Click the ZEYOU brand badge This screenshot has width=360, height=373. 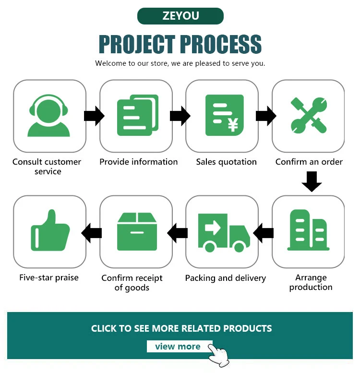coord(180,16)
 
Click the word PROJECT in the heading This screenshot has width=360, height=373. coord(137,44)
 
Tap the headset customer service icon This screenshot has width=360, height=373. coord(49,116)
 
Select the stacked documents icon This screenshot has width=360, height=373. coord(138,115)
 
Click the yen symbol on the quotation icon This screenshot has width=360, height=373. coord(233,125)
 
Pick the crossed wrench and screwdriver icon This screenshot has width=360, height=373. coord(309,115)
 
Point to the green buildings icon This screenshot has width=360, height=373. coord(309,230)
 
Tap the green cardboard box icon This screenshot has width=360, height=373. coord(137,231)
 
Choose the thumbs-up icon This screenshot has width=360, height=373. coord(50,230)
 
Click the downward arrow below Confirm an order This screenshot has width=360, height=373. coord(312,181)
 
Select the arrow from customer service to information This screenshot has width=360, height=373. coord(94,116)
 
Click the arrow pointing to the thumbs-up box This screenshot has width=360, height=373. coord(92,233)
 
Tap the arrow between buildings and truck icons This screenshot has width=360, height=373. coord(263,233)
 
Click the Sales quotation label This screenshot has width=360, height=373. coord(227,162)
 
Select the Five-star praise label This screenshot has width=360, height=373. coord(49,277)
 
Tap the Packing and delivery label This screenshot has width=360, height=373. coord(226,278)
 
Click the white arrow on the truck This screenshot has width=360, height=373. coord(213,228)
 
